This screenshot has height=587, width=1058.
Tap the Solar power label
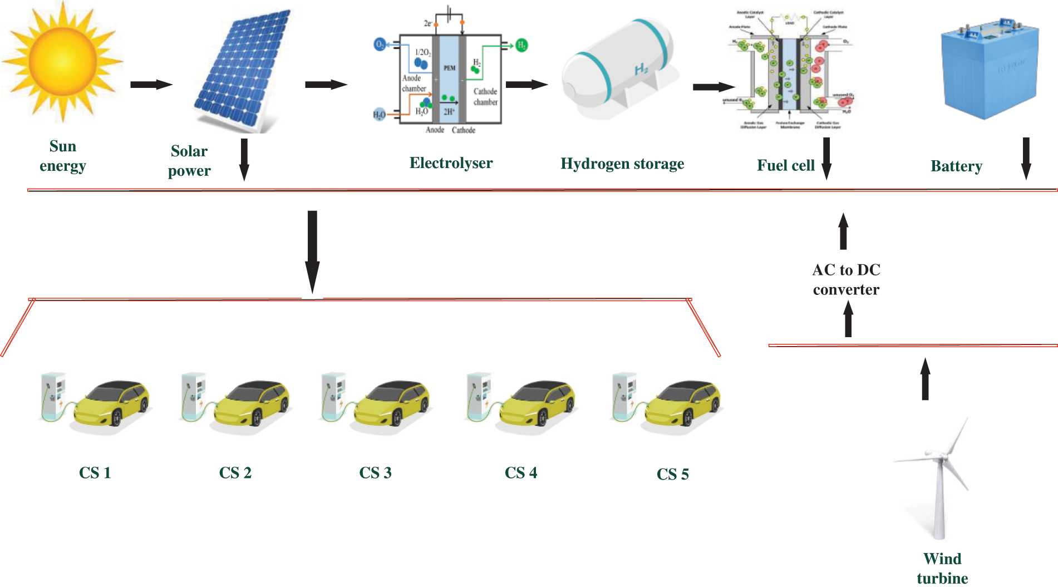189,161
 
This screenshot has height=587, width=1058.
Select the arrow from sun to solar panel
151,85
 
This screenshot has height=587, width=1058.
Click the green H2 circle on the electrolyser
521,45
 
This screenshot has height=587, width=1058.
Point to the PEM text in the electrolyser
449,68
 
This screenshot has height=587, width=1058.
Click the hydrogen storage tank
618,70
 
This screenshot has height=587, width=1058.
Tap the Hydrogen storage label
622,164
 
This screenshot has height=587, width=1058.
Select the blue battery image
990,70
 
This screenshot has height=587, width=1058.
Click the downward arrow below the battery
1026,159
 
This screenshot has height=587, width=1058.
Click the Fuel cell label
785,166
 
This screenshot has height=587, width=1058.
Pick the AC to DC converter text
846,280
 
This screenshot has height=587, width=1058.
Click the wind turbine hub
940,457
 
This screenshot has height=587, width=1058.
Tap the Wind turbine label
942,568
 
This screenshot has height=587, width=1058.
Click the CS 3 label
375,473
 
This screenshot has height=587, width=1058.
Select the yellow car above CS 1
111,403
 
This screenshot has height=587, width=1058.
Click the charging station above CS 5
623,396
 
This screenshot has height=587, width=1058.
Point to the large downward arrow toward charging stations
312,250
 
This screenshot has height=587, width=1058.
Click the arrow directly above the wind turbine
925,379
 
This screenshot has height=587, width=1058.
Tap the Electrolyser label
451,163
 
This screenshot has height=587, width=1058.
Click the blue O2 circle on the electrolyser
380,44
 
